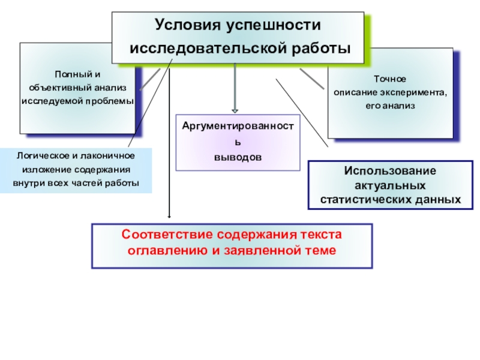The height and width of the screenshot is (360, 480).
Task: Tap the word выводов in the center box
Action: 238,157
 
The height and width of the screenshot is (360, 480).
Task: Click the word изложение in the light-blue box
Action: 41,169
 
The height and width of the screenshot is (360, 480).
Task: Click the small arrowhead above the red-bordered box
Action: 170,216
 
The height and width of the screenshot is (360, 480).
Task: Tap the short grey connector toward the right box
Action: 311,77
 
